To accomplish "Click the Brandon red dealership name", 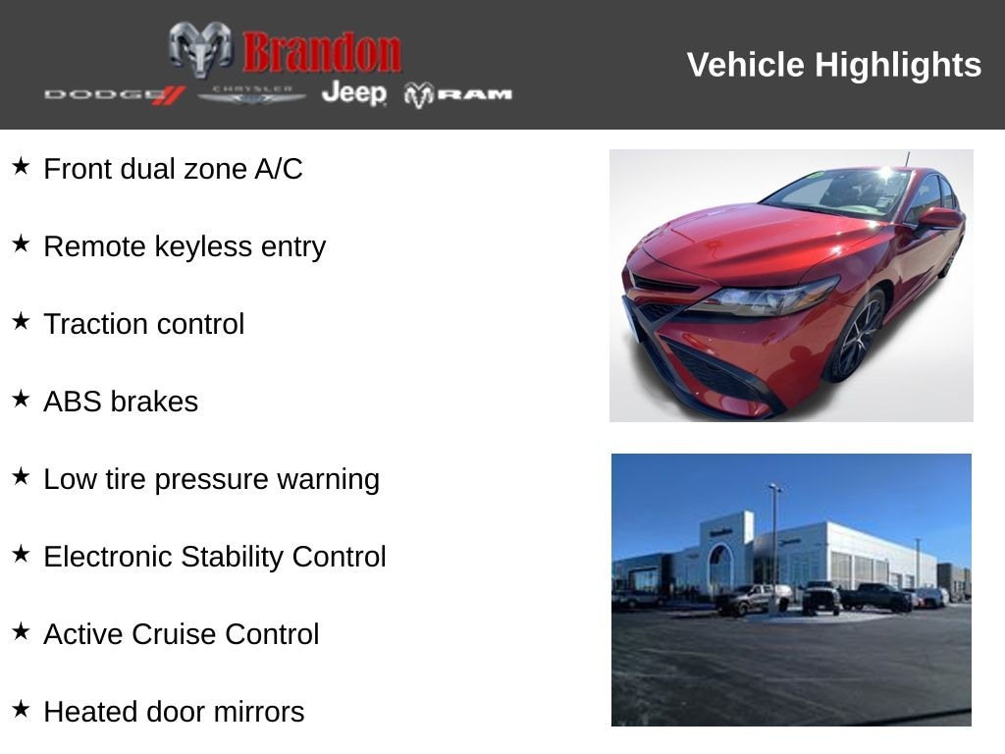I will coord(322,51).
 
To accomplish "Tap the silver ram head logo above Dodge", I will coord(200,49).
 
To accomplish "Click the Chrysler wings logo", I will coord(252,94).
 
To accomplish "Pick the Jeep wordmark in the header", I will coord(354,93).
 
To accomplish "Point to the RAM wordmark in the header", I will coord(458,94).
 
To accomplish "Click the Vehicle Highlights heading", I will coord(833,65).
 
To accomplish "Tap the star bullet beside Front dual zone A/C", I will coord(22,166).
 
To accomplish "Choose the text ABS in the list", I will coord(73,402).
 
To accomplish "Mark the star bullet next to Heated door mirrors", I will coord(22,709).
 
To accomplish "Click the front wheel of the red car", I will coord(856,338).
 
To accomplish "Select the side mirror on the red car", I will coord(939,218).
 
